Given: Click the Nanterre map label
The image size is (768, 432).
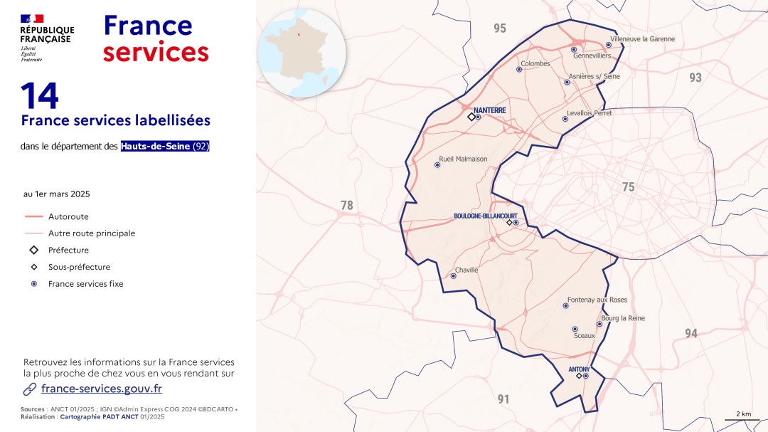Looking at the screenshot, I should coord(490,110).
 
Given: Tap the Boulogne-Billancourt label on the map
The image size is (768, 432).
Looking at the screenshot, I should coord(486,216).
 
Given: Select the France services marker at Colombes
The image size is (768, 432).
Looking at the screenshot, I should coord(519,69).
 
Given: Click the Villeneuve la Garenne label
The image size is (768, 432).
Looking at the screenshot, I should coord(643,39).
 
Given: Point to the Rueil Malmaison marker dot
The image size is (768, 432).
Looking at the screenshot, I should coord(437,164).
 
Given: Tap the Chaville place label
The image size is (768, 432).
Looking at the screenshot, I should coord(466,270).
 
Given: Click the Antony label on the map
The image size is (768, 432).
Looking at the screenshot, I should coord(580,369).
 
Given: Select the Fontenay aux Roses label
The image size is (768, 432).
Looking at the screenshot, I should coord(597,300).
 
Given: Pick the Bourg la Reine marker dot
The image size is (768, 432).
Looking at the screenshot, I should coord(599,324).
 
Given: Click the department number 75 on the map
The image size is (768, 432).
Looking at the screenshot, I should coord(628,187).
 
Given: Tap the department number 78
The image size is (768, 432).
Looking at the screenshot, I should coord(346,206).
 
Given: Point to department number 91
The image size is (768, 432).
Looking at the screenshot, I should coord(503,399).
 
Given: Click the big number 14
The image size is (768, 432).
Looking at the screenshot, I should coord(40,96).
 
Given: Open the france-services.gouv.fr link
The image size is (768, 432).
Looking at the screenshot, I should coord(102,389).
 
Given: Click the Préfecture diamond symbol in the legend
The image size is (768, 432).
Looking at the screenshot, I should coord(34,250).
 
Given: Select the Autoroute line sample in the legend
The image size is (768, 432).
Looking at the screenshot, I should coord(34,216).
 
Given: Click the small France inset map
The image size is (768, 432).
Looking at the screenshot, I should coord(302,53).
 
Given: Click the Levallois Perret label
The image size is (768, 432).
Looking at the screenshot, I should coord(589,113).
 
